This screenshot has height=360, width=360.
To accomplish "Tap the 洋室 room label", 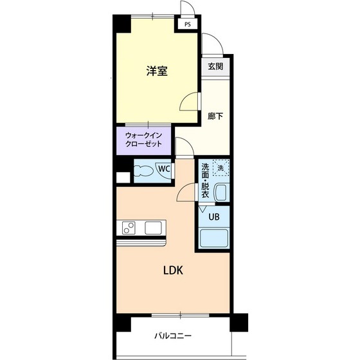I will click(156, 71).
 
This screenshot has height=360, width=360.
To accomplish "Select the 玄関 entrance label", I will click(214, 66).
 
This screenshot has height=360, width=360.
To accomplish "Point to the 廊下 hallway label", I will click(215, 116).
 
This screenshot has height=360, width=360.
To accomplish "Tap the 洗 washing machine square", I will click(221, 168).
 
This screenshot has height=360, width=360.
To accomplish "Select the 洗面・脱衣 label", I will click(205, 180).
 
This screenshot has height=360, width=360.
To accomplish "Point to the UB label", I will click(213, 216).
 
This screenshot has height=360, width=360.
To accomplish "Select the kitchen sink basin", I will click(154, 228).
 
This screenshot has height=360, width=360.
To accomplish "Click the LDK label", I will click(172, 270).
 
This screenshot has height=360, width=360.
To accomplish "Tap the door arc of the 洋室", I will click(189, 102).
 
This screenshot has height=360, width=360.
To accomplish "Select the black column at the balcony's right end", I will click(239, 321).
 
